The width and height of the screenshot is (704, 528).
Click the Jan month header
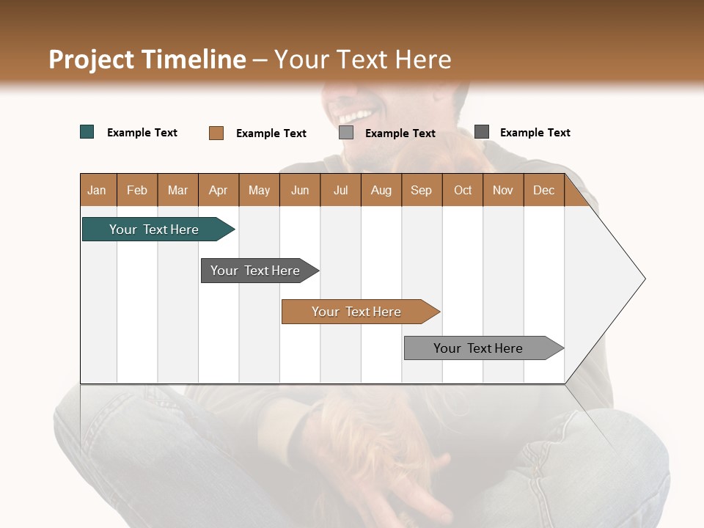(98, 190)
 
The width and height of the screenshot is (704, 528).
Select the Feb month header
(137, 190)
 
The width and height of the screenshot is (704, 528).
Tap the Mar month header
(177, 190)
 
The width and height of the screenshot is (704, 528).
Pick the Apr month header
(219, 190)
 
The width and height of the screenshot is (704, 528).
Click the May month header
(259, 190)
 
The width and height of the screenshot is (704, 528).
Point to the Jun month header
(300, 190)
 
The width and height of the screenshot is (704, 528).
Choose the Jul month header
(340, 190)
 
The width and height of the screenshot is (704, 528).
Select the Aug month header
(381, 190)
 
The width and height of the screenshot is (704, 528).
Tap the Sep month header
(422, 190)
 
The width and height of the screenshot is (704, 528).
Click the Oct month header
(463, 190)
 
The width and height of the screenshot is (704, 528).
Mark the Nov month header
(503, 190)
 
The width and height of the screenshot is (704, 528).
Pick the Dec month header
(544, 190)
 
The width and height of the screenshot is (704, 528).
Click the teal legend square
(87, 132)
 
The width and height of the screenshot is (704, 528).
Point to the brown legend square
(216, 133)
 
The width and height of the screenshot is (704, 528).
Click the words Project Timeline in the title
(147, 59)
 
